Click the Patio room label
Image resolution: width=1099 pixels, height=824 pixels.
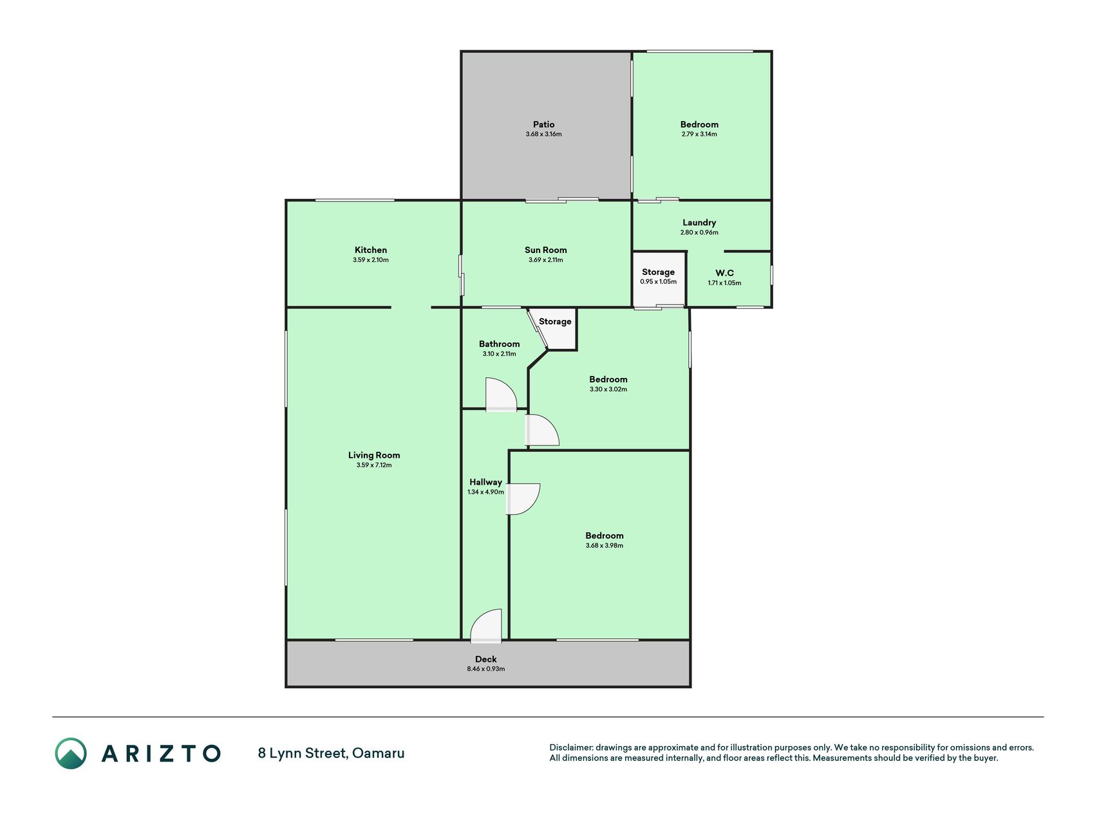(543, 124)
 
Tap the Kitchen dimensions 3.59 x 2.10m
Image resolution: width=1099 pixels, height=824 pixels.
(371, 260)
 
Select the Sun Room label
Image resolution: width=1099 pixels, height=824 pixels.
(546, 250)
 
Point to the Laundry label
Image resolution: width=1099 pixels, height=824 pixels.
(699, 223)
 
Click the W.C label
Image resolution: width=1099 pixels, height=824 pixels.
(724, 273)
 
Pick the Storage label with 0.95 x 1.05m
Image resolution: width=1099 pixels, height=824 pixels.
(658, 272)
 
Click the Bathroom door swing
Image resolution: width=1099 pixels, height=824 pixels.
(501, 394)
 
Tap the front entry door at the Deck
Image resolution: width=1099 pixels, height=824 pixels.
(486, 626)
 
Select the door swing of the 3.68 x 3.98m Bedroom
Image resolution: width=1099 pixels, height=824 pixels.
(523, 499)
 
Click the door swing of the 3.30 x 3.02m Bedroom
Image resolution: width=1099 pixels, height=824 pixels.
(542, 430)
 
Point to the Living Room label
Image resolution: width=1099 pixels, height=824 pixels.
(374, 455)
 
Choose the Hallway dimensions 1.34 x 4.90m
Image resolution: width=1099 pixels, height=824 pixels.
(485, 492)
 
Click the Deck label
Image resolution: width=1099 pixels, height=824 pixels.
(486, 659)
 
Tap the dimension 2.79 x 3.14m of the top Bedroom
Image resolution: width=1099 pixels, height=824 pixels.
(699, 135)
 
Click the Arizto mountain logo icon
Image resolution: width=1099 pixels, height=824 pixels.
(70, 753)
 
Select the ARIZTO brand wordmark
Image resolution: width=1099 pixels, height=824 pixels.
(161, 753)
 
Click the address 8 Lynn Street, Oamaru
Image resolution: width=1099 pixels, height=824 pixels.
(331, 753)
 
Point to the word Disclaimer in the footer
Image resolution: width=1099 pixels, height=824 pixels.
(570, 747)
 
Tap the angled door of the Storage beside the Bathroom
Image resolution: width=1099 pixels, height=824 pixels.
(538, 329)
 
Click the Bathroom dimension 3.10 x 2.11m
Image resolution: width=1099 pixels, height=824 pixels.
(499, 354)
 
